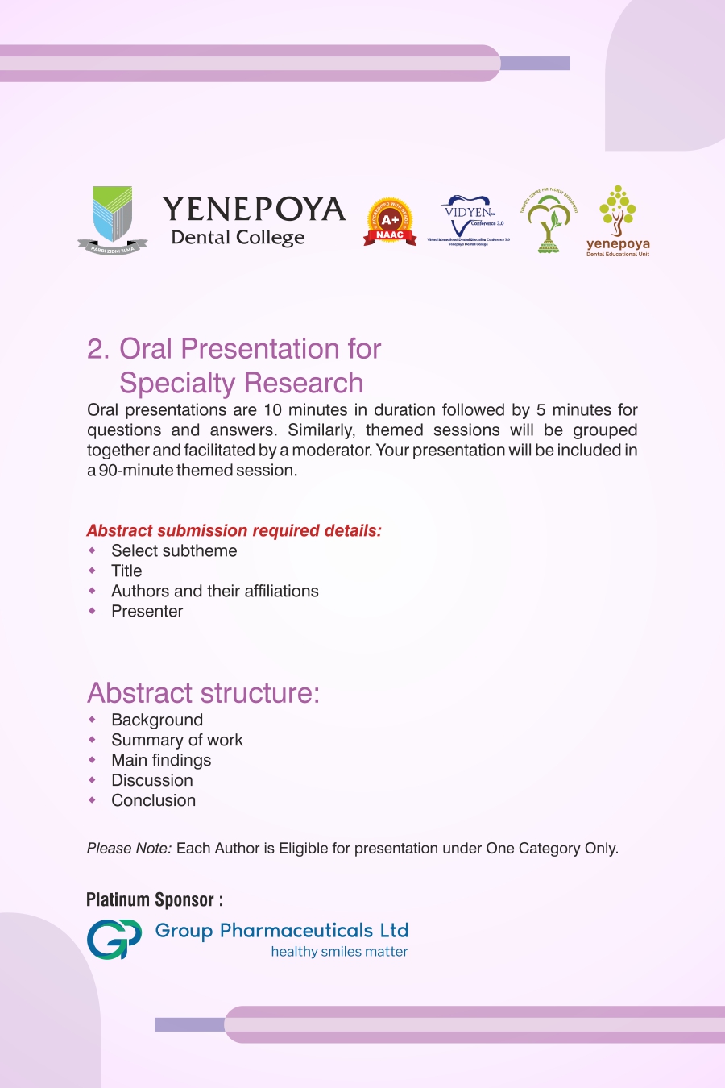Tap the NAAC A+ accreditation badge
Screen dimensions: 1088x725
pos(390,222)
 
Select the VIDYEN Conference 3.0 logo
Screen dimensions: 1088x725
pos(469,220)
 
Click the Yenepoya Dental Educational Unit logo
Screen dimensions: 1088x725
pos(618,222)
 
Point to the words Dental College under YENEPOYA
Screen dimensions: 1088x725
pos(238,238)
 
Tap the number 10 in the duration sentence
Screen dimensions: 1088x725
pos(272,410)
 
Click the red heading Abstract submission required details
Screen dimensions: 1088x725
pos(234,530)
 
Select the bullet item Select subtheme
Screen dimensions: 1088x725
pos(174,551)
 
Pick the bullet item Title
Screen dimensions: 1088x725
pos(126,571)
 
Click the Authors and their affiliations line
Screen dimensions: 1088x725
pos(214,592)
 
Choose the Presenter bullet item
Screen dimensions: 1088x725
pos(147,612)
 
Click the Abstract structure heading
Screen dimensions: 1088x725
pos(203,693)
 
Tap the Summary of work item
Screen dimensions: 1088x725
pos(176,741)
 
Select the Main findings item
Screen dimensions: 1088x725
pos(161,761)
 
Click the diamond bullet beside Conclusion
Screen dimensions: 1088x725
pos(93,800)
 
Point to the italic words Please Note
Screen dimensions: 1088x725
pos(129,849)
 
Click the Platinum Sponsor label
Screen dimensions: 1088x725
pos(154,900)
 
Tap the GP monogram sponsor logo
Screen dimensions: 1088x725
pos(114,940)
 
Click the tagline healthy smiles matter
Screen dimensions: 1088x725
pos(339,952)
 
